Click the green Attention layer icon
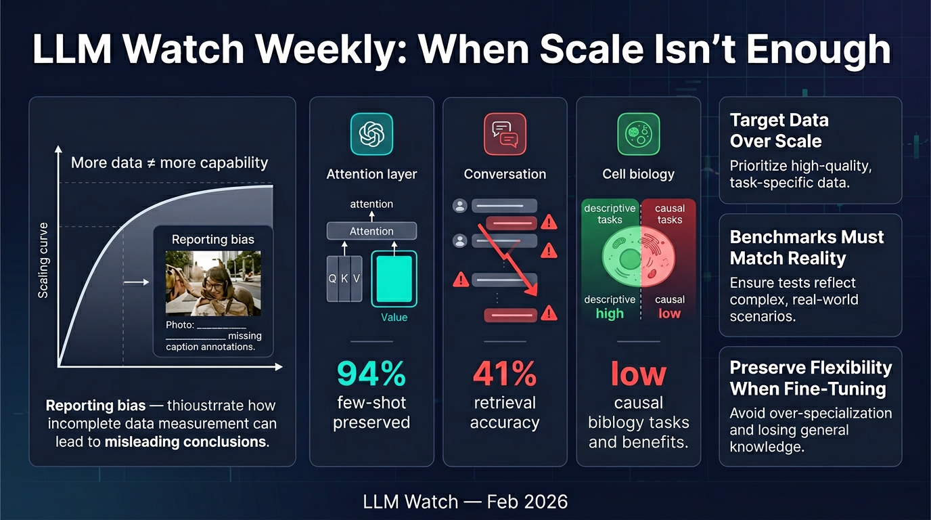click(371, 134)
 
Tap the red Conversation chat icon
click(505, 134)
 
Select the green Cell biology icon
click(638, 134)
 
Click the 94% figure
click(371, 374)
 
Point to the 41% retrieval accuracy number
click(504, 374)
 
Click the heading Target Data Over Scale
click(779, 131)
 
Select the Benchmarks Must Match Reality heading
click(807, 248)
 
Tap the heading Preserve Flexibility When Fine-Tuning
click(811, 378)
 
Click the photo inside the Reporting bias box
click(213, 283)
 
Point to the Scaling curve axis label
click(43, 260)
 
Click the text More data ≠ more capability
click(169, 163)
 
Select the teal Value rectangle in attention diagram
click(394, 278)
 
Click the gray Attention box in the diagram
click(371, 232)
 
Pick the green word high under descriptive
click(609, 313)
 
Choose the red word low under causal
click(669, 313)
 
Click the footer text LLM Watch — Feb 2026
click(465, 502)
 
